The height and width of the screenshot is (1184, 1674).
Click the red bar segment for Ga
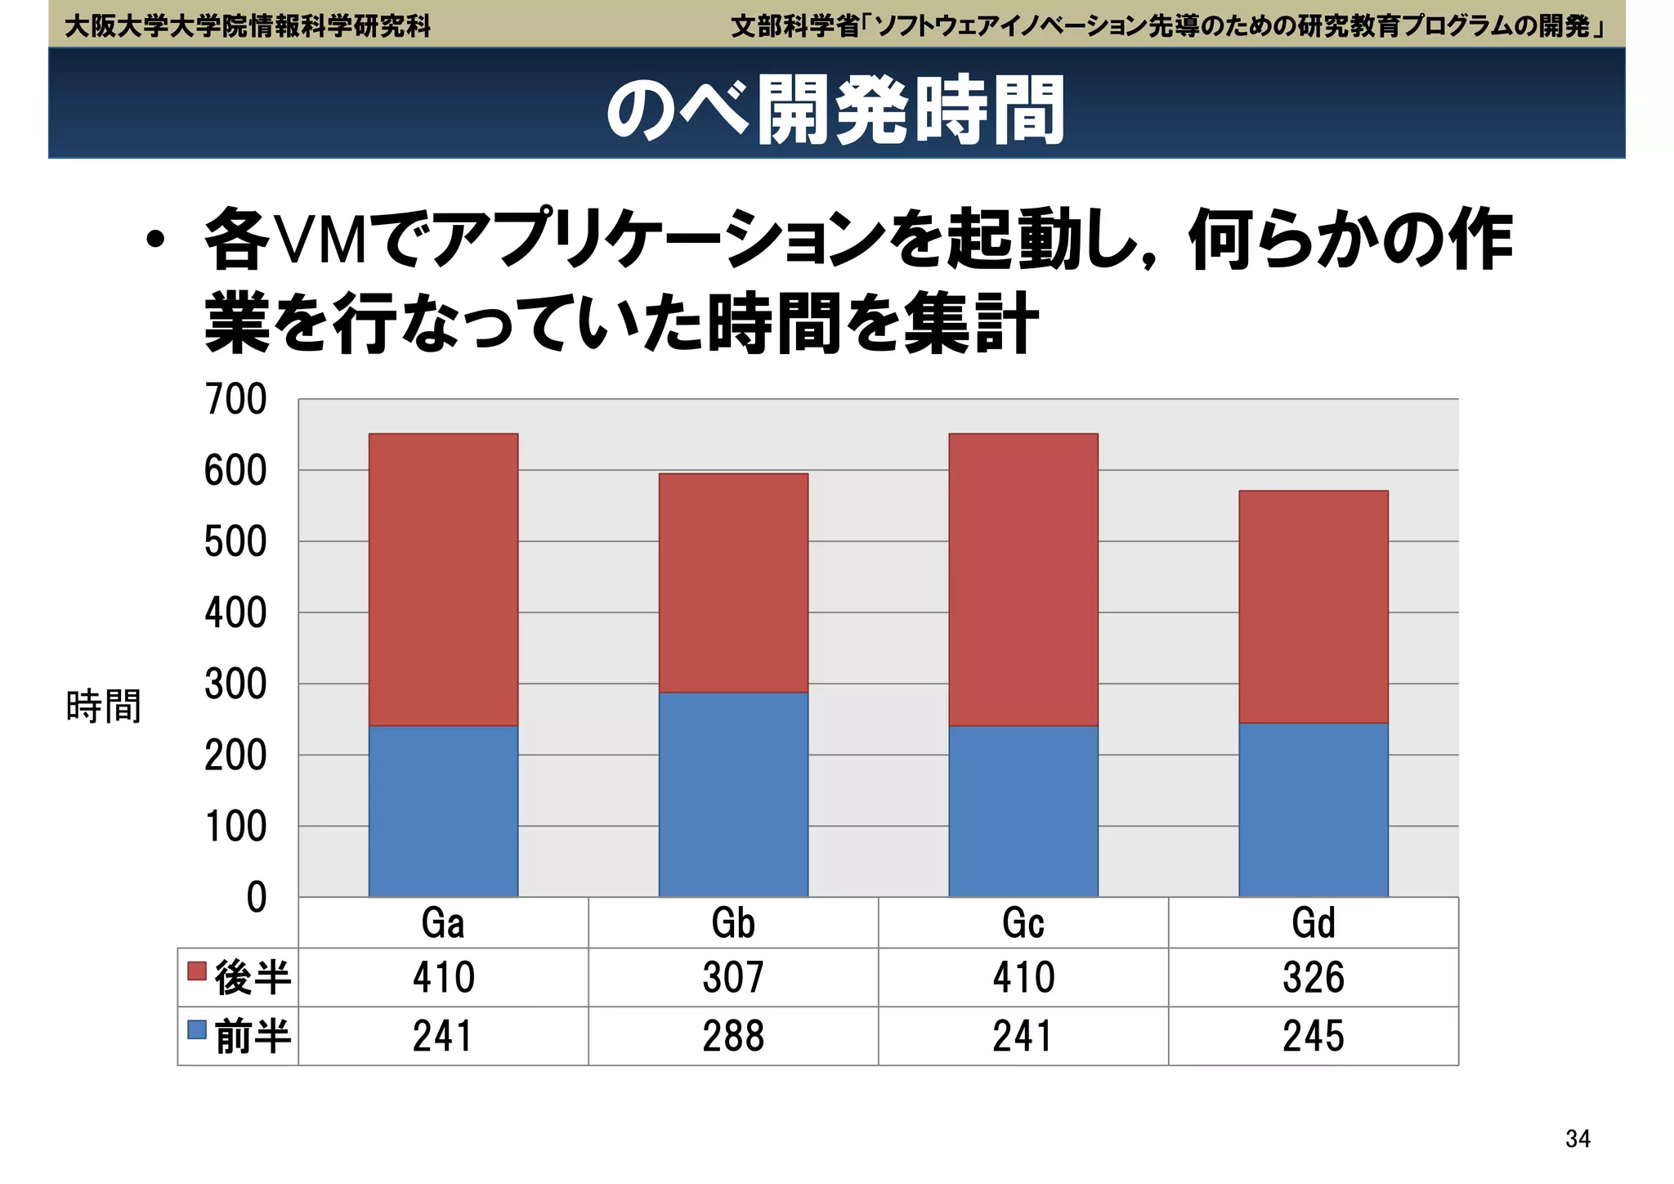click(x=443, y=579)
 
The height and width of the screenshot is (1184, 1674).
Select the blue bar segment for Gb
click(x=733, y=794)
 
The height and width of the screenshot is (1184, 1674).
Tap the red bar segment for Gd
click(x=1313, y=606)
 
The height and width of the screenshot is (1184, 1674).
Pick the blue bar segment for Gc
click(x=1023, y=810)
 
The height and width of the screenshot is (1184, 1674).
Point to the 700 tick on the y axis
click(x=235, y=400)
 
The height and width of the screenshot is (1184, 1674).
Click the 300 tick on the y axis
click(x=235, y=684)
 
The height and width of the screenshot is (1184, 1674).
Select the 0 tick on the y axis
click(x=256, y=897)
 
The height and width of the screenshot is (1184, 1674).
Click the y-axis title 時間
click(x=104, y=706)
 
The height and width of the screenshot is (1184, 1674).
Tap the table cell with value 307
click(x=733, y=977)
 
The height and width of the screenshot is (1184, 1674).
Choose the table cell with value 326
click(x=1313, y=977)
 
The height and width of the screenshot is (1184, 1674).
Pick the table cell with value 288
click(x=733, y=1036)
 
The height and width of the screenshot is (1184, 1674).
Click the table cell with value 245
click(x=1313, y=1036)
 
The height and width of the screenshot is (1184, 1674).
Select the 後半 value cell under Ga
click(x=443, y=977)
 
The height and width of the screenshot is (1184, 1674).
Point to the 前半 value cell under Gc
click(x=1023, y=1036)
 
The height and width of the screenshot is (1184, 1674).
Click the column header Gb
click(x=733, y=923)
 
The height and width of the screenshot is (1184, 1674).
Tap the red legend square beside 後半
click(x=197, y=971)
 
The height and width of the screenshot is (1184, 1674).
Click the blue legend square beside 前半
click(x=197, y=1029)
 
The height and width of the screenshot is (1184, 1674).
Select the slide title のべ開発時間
click(x=835, y=110)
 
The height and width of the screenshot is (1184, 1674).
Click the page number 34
click(x=1578, y=1138)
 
